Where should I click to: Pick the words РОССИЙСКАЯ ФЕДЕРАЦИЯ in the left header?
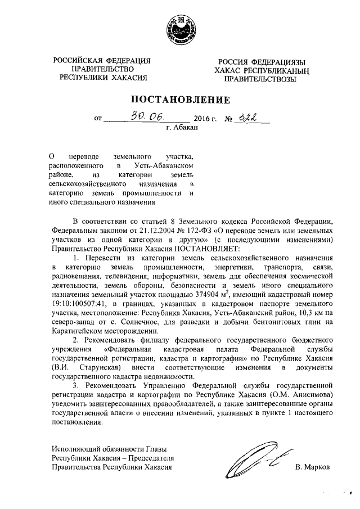[102, 61]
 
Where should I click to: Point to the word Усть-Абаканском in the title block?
[163, 166]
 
